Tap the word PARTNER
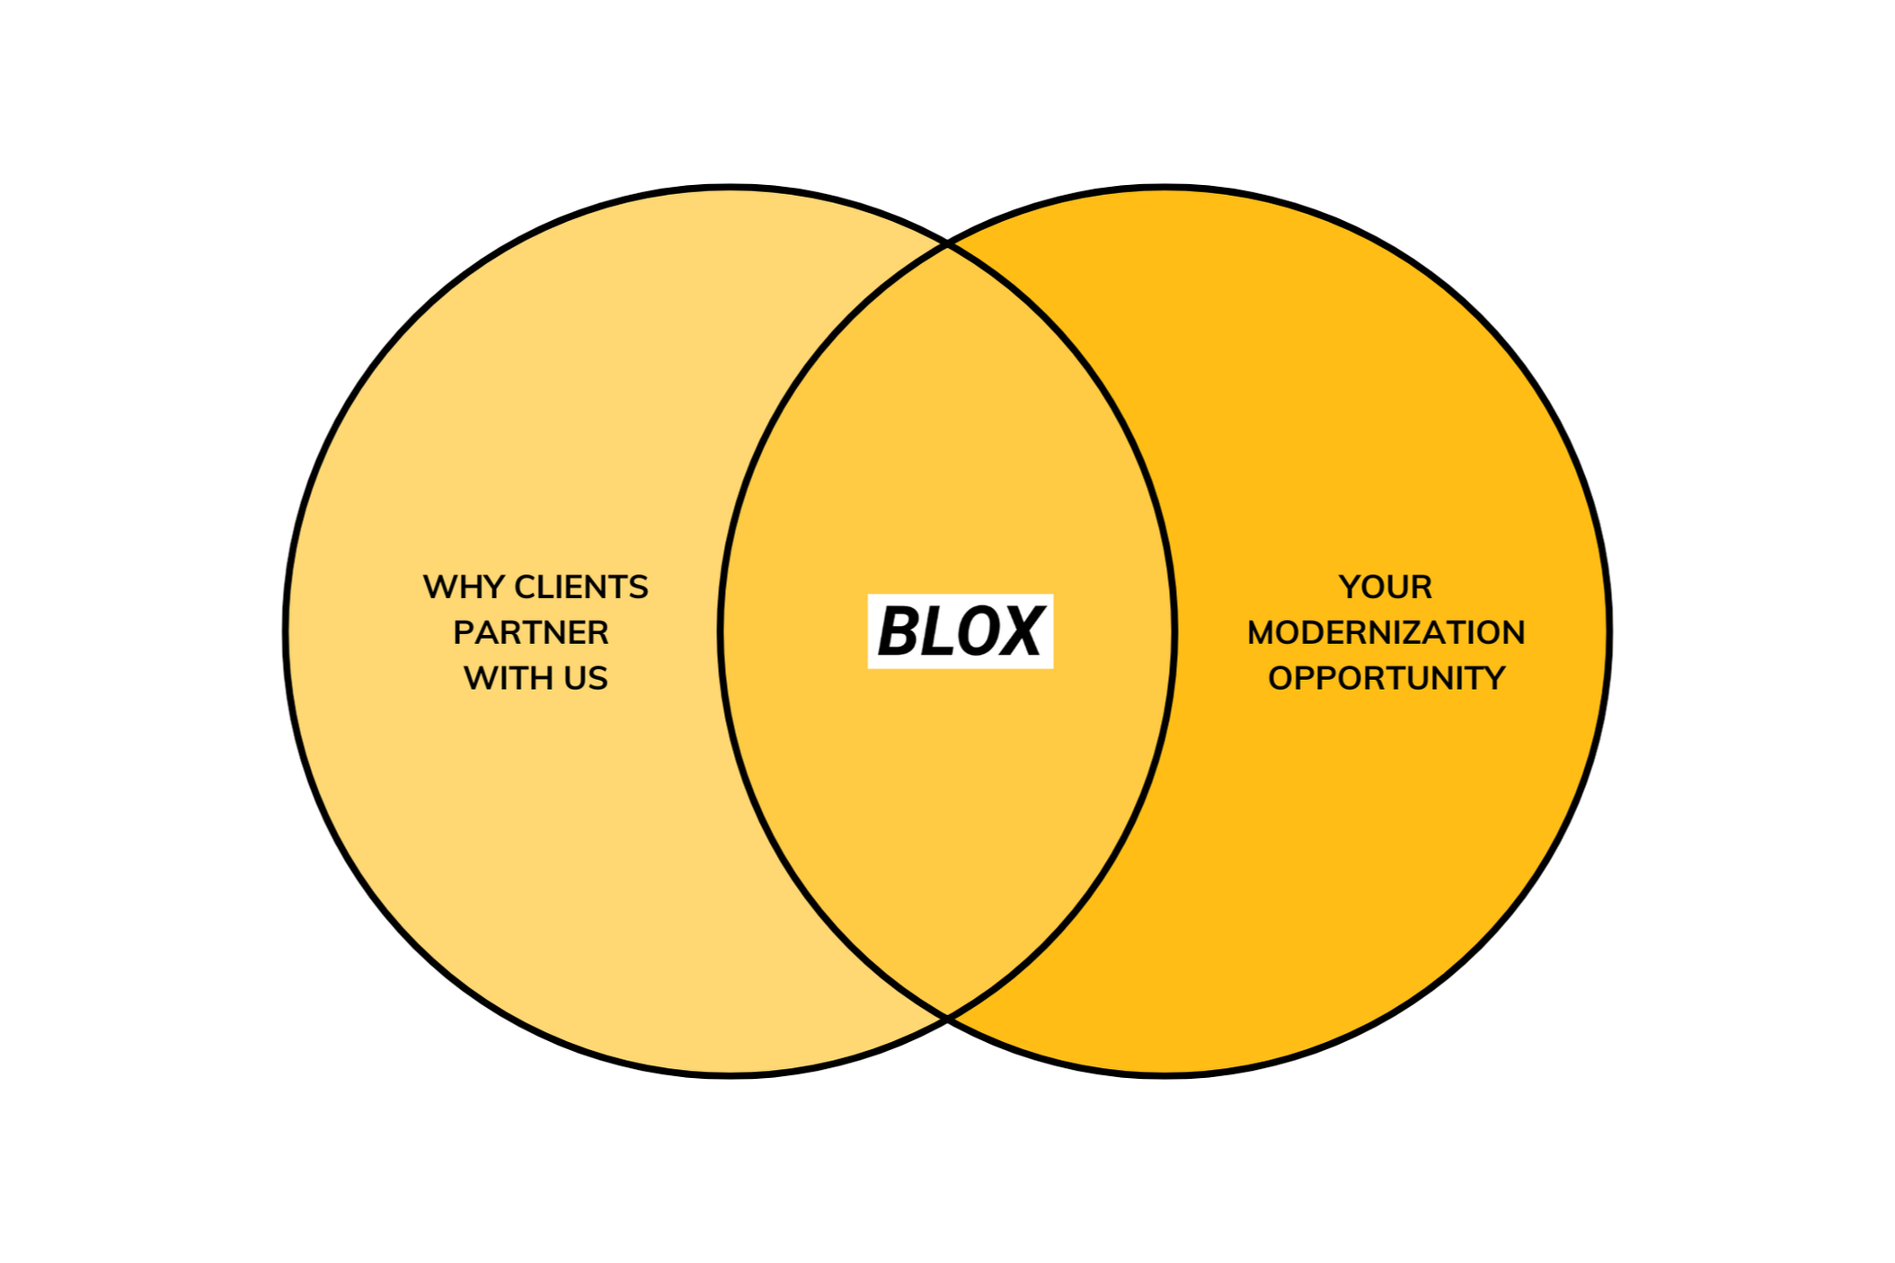pos(531,633)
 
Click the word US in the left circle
pos(586,678)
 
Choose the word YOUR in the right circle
pos(1386,587)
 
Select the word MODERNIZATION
pos(1386,633)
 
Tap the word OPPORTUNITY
pos(1386,678)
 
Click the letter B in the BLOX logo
pos(899,631)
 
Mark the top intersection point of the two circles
pos(947,244)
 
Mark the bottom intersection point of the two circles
pos(947,1017)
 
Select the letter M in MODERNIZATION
pos(1262,633)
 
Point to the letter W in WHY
pos(438,587)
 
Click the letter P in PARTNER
pos(462,633)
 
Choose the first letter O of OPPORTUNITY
pos(1280,678)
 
